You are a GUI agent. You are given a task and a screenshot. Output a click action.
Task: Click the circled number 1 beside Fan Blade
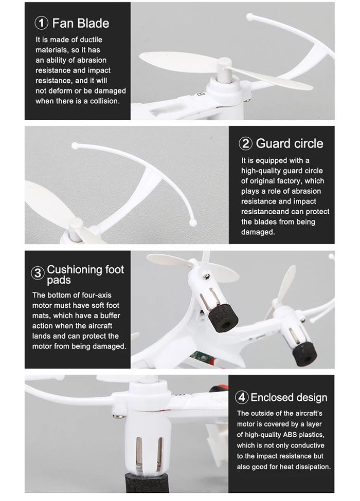pos(41,23)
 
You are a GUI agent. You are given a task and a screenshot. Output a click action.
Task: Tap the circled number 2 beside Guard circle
pos(245,143)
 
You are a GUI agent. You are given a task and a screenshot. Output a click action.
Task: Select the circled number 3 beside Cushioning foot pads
pos(38,273)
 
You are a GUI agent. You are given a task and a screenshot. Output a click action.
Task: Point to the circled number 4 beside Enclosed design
pos(242,397)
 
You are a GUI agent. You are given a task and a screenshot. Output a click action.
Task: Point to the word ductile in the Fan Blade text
pos(91,40)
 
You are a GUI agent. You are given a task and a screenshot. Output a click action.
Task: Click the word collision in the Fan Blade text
pos(104,101)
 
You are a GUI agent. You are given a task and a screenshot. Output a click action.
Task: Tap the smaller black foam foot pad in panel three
pos(304,355)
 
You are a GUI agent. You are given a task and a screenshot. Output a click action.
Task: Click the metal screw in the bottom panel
pos(117,415)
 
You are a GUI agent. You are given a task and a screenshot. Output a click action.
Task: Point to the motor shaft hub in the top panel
pos(224,70)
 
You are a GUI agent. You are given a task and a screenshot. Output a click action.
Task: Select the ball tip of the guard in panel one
pos(249,15)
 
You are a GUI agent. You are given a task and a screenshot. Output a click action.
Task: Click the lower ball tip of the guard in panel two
pos(192,222)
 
